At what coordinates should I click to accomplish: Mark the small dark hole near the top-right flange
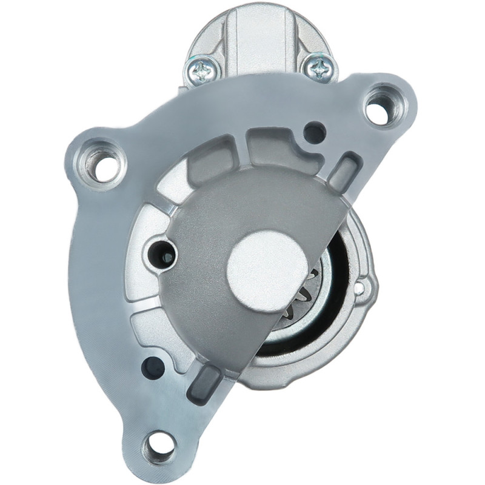coord(314,133)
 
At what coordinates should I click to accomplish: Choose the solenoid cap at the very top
coord(261,30)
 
